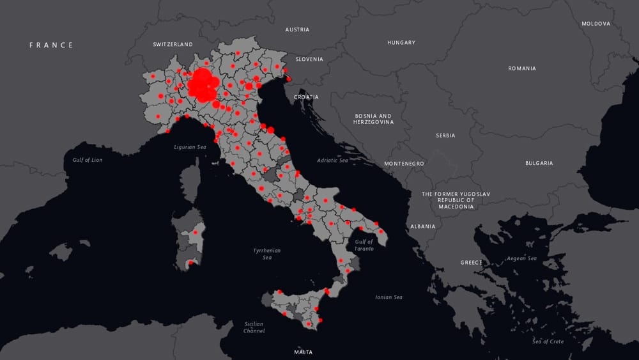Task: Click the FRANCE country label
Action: tap(52, 45)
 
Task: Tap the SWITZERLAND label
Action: tap(173, 45)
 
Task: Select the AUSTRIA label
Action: tap(297, 29)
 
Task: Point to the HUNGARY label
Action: tap(401, 43)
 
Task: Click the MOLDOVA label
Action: tap(596, 24)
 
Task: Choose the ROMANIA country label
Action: tap(522, 68)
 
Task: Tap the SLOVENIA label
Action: tap(309, 59)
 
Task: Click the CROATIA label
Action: tap(306, 97)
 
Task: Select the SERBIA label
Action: tap(445, 136)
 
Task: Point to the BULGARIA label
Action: tap(539, 163)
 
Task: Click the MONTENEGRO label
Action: tap(404, 164)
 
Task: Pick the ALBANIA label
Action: tap(422, 226)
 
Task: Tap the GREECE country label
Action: tap(472, 263)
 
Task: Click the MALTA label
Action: tap(303, 352)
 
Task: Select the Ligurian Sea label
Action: tap(190, 147)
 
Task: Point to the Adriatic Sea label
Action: tap(332, 160)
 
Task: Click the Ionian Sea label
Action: tap(389, 297)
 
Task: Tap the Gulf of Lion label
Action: tap(87, 160)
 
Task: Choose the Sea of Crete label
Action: tap(548, 341)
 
